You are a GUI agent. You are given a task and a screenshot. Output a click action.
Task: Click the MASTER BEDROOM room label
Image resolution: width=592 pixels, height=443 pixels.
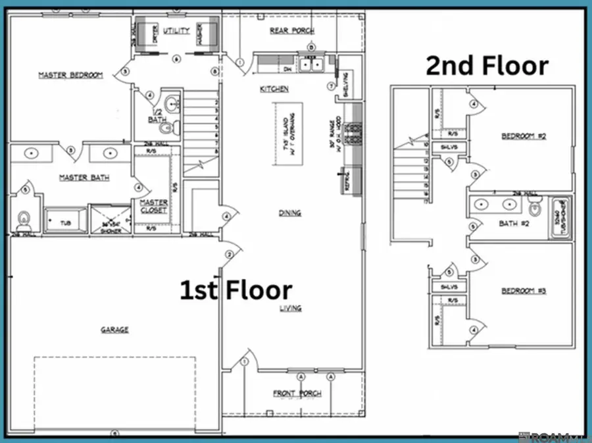point(70,75)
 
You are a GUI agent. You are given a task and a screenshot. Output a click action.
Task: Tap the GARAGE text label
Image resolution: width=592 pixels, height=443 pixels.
point(114,330)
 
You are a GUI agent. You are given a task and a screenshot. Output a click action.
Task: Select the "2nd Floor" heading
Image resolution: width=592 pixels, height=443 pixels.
point(487,66)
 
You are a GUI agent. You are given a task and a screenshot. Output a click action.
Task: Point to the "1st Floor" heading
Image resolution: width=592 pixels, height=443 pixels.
point(236,290)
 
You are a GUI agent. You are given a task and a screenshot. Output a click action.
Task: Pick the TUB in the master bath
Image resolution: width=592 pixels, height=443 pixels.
point(64,221)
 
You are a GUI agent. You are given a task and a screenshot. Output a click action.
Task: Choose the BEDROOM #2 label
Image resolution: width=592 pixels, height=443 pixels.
point(524,136)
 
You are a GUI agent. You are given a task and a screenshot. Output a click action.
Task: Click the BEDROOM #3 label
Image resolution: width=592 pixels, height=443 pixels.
point(524,290)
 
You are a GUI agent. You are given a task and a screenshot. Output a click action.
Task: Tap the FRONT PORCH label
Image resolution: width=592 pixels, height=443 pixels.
point(297,394)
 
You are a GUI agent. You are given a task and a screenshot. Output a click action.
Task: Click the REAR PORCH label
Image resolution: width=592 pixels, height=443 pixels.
point(292,31)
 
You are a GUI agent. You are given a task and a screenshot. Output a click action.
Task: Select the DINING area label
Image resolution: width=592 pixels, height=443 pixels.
point(289,213)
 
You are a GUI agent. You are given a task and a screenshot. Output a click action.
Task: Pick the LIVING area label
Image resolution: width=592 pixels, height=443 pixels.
point(289,308)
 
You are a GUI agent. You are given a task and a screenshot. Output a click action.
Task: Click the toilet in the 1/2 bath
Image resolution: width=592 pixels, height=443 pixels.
point(166,128)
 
